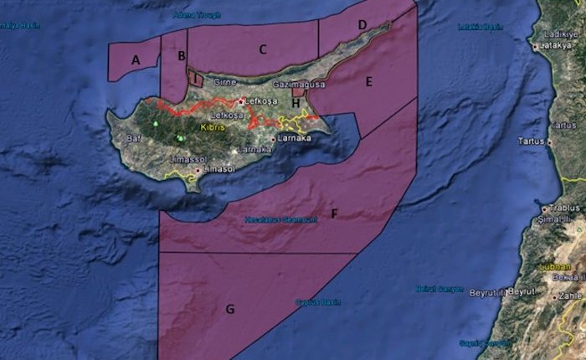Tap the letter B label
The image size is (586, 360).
(181, 56)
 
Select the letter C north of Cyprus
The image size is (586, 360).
(263, 49)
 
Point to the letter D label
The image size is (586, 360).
(362, 26)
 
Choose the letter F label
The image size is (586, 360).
(334, 214)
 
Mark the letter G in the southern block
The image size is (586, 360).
(229, 310)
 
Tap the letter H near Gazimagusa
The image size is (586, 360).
(296, 102)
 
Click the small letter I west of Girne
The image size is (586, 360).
(195, 79)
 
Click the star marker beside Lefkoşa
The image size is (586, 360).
(242, 101)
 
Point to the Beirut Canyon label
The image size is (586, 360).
(439, 289)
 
